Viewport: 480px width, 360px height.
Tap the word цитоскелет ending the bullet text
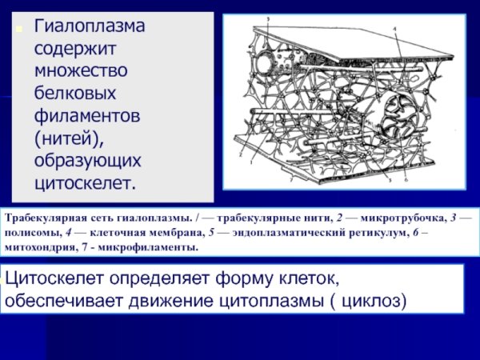(84, 183)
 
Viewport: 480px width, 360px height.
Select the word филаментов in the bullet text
(87, 116)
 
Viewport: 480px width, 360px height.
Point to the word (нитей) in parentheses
(69, 138)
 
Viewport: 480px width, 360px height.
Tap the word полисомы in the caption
(30, 233)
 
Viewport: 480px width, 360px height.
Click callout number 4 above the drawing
(394, 27)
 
